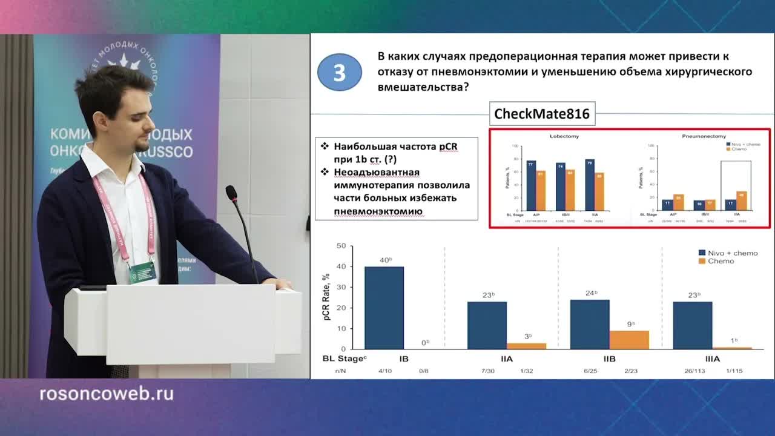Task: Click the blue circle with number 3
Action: coord(339,73)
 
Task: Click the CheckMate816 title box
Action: coord(542,114)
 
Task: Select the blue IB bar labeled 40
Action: coord(384,308)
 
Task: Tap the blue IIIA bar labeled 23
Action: coord(692,325)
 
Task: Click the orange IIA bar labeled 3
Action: coord(526,346)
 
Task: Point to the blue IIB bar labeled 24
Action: coord(590,324)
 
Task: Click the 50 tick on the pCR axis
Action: coord(341,246)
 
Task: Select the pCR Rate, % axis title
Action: coord(326,297)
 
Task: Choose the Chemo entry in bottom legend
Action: coord(720,261)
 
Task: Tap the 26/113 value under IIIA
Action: coord(692,371)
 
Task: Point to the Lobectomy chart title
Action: coord(564,136)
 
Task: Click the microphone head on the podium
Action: coord(231,193)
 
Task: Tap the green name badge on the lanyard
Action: coord(143,272)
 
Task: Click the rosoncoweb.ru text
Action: coord(107,394)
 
